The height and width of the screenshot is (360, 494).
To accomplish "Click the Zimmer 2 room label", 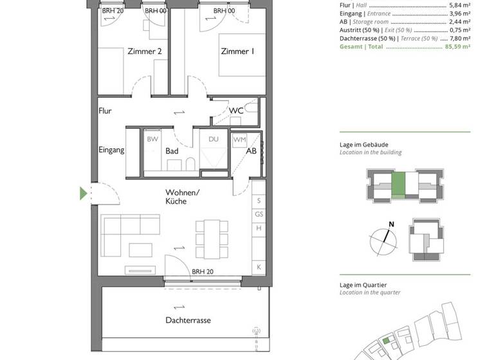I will coord(144,52).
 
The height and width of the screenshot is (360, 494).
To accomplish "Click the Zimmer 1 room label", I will coord(237,52).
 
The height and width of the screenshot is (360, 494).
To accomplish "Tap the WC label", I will coord(236,111).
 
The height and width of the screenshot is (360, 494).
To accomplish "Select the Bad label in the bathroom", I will coord(171,151).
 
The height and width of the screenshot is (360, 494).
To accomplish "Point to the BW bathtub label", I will coord(152,139).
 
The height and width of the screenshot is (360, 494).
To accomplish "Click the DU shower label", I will coord(213,139).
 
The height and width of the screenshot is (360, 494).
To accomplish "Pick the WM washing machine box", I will coord(239,139).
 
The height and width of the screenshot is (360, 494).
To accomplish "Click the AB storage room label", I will coord(252,151).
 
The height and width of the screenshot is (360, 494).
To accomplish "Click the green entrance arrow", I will coord(83,194).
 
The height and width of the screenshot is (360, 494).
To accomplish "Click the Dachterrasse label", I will coord(188,320).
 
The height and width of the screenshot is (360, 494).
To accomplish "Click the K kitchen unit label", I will coord(259,266).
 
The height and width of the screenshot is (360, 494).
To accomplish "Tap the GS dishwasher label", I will coord(259,215).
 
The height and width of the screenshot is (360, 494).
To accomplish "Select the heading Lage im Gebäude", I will coord(364,145).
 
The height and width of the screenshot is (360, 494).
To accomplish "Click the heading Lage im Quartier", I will coord(364,285).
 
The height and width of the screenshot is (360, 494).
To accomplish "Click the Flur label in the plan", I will coord(105,111).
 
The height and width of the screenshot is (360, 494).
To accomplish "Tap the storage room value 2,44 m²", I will coord(459,21).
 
